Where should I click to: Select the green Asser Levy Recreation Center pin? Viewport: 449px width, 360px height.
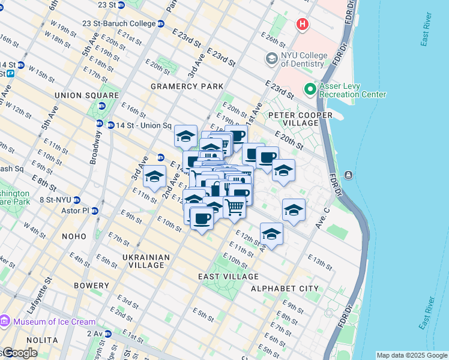point(310,89)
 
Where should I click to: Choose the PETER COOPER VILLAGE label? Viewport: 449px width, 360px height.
point(292,119)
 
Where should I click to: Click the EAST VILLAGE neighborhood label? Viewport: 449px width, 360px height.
point(228,277)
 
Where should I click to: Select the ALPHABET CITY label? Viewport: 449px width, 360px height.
point(285,289)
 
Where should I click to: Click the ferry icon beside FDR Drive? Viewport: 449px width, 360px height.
point(348,175)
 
